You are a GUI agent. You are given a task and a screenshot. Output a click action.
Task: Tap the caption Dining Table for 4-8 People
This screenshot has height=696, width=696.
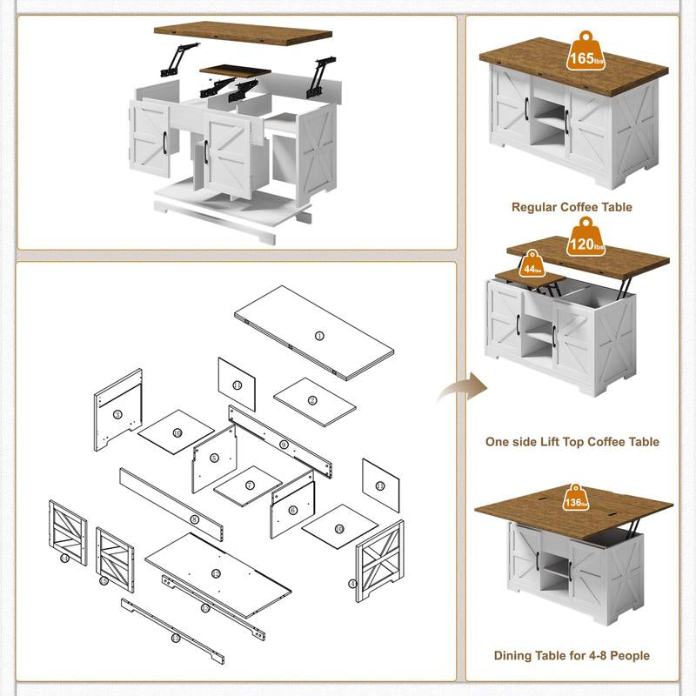coord(572,655)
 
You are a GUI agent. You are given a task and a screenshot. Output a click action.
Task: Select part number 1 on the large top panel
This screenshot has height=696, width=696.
coord(318,335)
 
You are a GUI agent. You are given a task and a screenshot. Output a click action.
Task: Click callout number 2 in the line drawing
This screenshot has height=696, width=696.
coord(312,401)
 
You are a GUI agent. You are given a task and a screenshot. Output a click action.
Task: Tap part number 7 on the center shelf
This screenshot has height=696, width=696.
coord(249,485)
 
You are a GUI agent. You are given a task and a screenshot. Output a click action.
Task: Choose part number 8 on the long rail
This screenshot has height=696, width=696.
coord(194,519)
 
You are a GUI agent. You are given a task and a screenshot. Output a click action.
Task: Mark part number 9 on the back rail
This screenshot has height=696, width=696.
coord(284,445)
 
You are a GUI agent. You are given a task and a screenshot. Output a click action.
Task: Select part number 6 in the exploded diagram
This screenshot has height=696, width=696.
coord(292,511)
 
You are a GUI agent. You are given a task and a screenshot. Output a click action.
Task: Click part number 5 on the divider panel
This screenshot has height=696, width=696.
coord(213,458)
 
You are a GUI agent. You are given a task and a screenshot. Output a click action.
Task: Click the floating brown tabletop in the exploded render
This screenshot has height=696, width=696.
coord(243,34)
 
